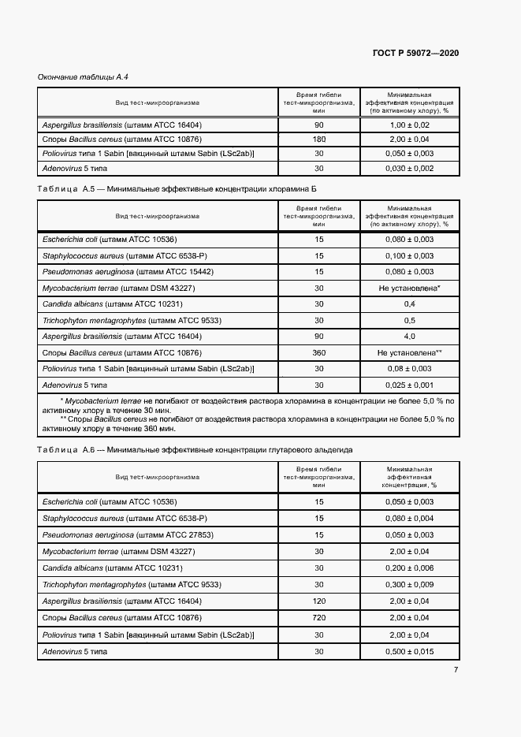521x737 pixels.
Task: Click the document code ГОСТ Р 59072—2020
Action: [415, 53]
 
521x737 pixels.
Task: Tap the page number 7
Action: [456, 670]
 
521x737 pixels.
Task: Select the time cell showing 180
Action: [318, 139]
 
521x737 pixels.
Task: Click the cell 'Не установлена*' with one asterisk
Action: [409, 288]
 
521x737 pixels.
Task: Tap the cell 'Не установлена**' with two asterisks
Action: [409, 352]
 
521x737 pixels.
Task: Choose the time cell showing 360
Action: [318, 352]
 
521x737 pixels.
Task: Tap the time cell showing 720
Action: [318, 618]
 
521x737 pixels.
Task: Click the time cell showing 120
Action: [318, 601]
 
